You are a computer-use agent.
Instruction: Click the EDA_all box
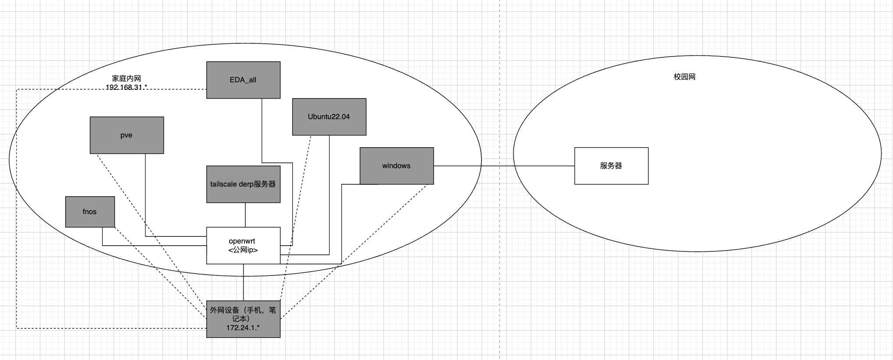[x=243, y=80]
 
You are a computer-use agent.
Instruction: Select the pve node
[x=127, y=135]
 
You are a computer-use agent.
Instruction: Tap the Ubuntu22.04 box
[x=329, y=116]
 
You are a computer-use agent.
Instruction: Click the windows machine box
[x=397, y=166]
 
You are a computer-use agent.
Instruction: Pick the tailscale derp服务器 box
[x=243, y=184]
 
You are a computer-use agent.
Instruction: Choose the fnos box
[x=90, y=212]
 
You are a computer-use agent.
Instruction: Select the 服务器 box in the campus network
[x=611, y=166]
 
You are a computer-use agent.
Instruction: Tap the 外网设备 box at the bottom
[x=243, y=319]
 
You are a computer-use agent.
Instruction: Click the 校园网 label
[x=684, y=77]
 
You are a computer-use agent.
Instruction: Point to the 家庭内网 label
[x=126, y=78]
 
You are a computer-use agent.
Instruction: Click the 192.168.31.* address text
[x=126, y=88]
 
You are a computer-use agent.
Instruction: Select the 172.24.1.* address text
[x=243, y=328]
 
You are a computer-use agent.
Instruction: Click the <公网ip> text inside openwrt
[x=243, y=250]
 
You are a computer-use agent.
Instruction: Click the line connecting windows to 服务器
[x=504, y=166]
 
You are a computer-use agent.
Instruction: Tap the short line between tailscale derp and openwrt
[x=245, y=215]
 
